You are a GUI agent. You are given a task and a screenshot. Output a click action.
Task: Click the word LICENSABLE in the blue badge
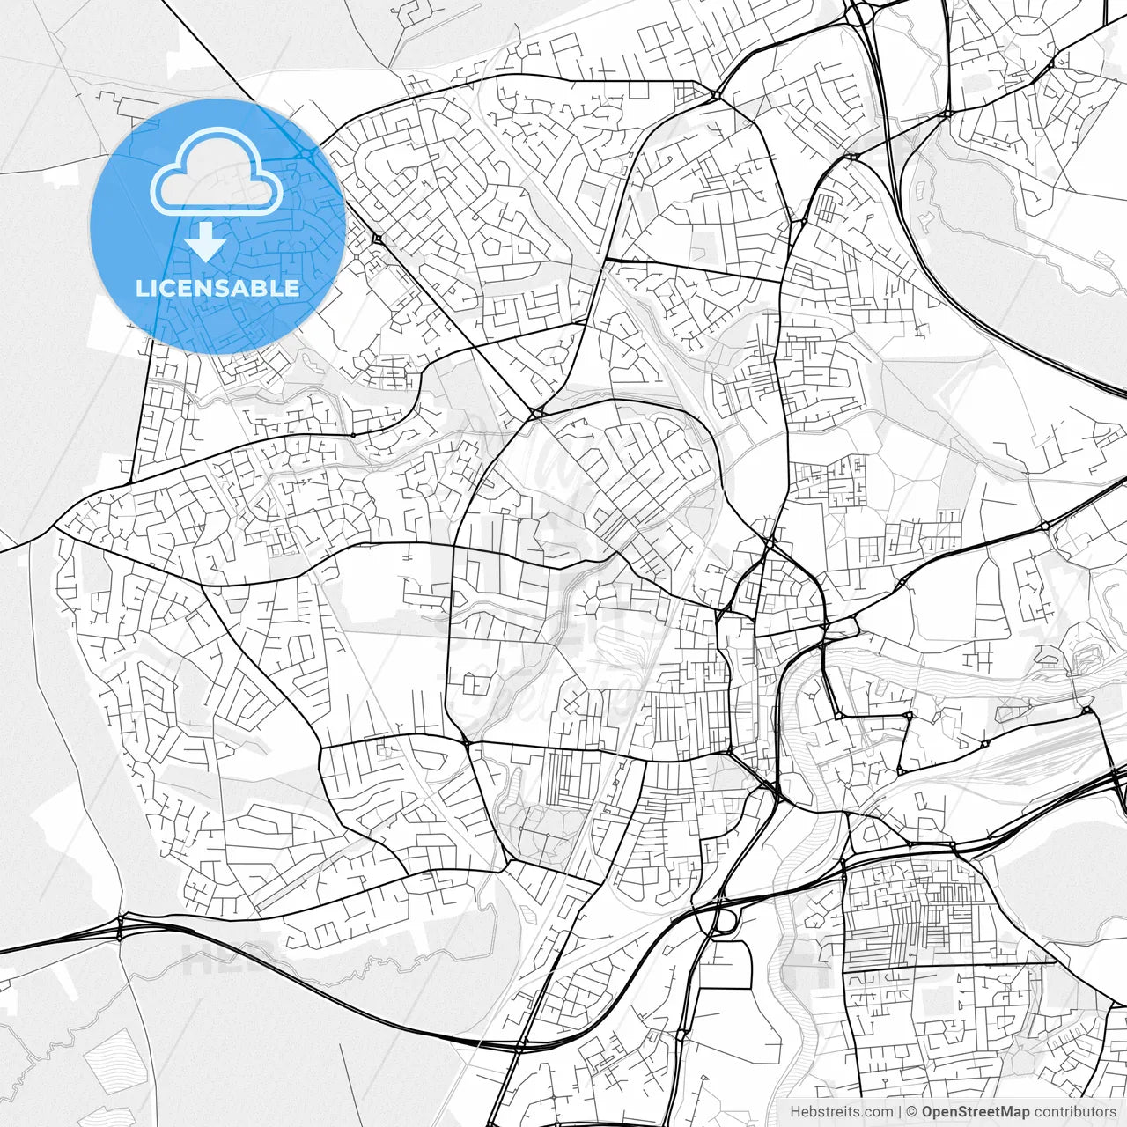point(217,288)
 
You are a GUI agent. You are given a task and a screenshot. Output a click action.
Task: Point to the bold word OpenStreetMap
point(976,1112)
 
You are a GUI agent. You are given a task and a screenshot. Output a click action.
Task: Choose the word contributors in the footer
point(1075,1112)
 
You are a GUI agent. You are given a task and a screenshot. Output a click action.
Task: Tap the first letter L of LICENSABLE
point(141,288)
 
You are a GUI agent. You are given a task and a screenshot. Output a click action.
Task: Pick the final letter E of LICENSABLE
point(292,288)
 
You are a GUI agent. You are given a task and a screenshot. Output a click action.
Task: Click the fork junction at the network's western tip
point(55,527)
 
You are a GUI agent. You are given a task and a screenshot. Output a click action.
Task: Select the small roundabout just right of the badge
point(377,238)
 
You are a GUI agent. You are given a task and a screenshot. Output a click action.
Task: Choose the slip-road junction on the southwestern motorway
point(120,929)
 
